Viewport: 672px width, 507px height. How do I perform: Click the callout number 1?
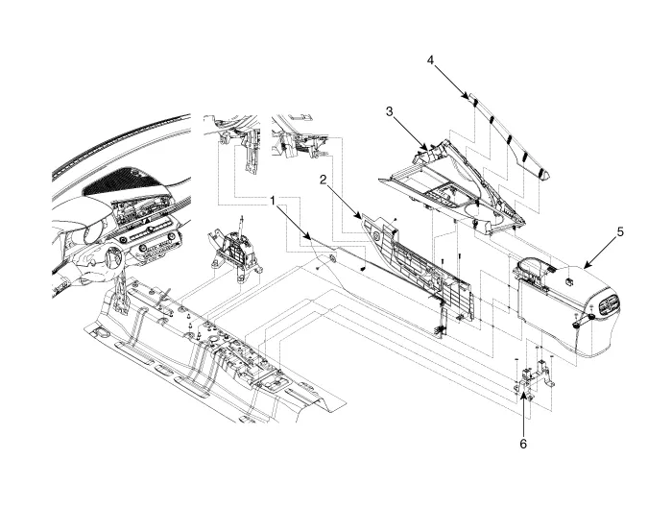tap(273, 200)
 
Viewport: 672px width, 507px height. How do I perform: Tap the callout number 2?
tap(324, 180)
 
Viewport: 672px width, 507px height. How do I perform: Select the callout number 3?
tap(389, 111)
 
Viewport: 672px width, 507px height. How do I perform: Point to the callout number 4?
tap(430, 60)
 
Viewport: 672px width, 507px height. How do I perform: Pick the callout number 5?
tap(620, 231)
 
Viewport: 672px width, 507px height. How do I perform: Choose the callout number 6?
tap(523, 444)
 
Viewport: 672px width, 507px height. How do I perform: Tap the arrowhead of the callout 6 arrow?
tap(523, 385)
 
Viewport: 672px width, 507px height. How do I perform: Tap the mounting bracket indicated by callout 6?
tap(534, 375)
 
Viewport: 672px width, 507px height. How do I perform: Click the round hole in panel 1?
tap(332, 258)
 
